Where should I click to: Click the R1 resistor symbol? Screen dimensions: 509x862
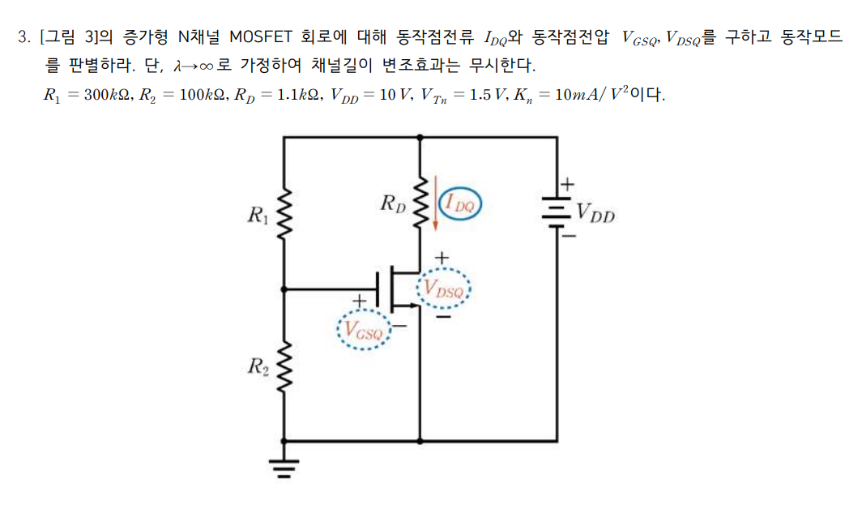point(284,216)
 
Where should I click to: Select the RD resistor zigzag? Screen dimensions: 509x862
point(420,203)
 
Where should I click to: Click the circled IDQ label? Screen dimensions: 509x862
point(460,203)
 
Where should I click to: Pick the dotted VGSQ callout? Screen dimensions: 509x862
point(362,330)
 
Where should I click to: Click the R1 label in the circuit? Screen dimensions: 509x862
point(257,216)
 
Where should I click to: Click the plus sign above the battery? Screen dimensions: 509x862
point(566,185)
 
